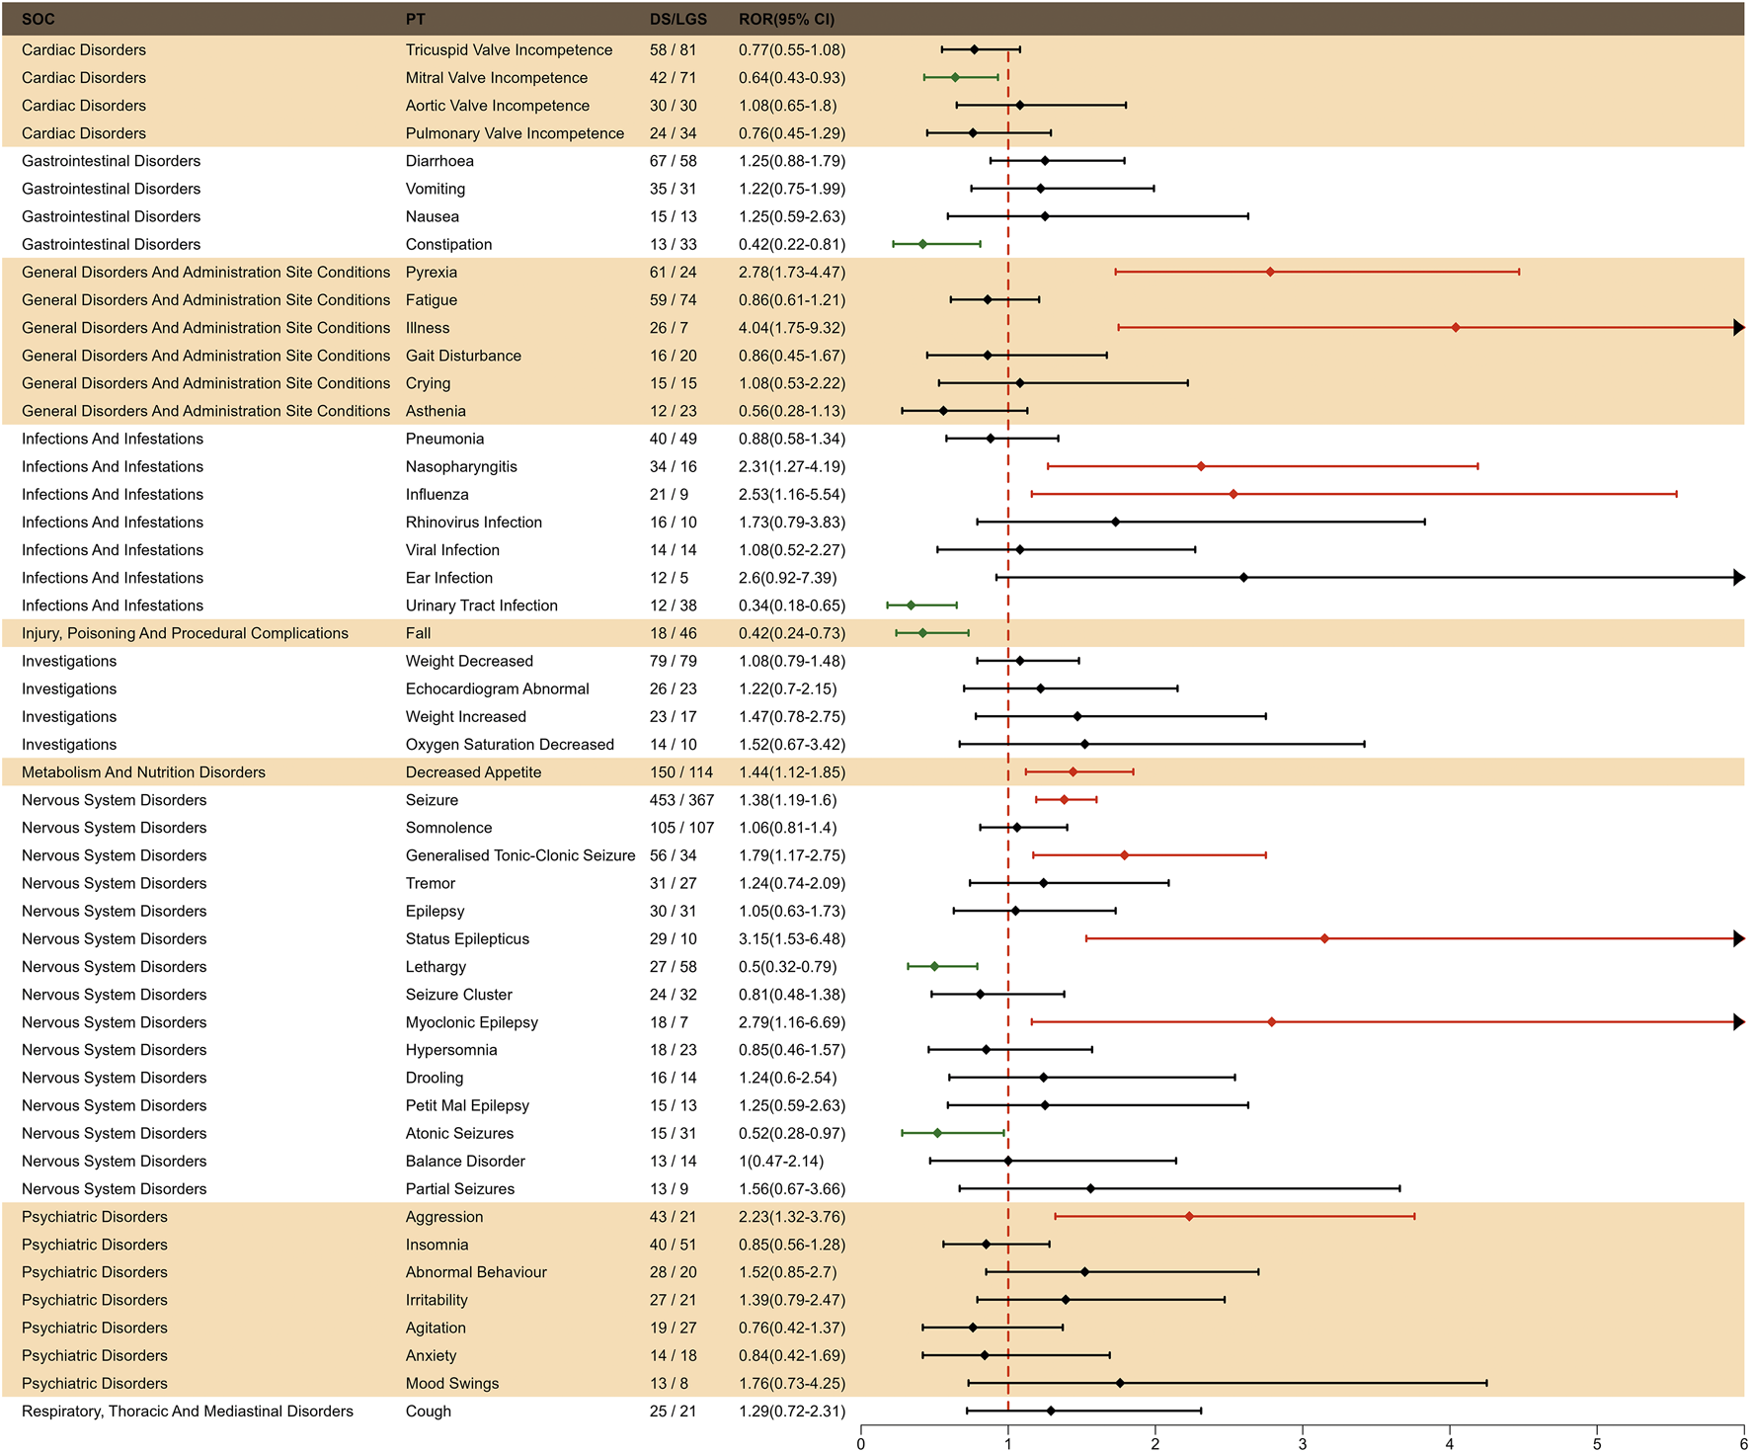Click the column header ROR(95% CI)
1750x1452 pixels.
786,19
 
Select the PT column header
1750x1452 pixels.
415,19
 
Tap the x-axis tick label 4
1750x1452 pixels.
1449,1443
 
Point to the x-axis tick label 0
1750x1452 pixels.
861,1443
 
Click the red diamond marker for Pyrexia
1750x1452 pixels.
1270,272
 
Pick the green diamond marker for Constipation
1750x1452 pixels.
922,244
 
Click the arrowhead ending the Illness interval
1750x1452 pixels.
1739,327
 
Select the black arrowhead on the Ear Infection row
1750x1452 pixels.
1739,578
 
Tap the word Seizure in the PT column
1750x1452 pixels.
432,800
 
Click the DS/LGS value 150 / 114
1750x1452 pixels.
680,772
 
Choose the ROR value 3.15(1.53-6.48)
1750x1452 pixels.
792,938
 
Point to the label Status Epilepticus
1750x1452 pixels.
467,938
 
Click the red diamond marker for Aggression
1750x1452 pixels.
1189,1217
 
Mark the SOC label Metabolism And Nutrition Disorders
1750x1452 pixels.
143,772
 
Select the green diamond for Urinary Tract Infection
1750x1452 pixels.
911,605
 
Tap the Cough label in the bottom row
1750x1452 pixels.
428,1411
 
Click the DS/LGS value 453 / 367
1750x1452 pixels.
681,800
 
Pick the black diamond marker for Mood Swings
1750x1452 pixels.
1120,1383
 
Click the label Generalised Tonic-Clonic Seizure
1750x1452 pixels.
520,855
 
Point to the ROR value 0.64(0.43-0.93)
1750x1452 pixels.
792,77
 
